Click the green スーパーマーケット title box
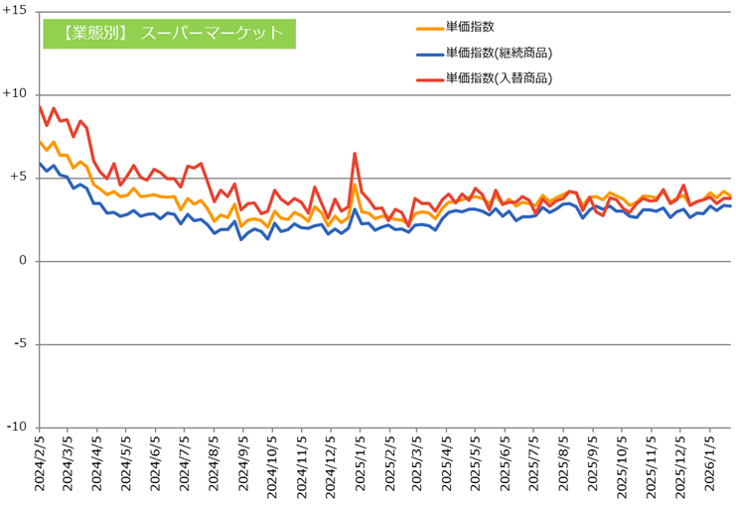(x=169, y=33)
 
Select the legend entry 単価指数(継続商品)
(x=499, y=53)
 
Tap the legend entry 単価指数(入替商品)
(x=499, y=77)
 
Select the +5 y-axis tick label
(x=18, y=178)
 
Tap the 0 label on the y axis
(x=23, y=261)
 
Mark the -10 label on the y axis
(x=17, y=427)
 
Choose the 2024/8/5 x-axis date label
(x=215, y=466)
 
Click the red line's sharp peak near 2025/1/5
(x=355, y=154)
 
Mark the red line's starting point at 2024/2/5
(x=40, y=106)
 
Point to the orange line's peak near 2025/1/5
(x=355, y=184)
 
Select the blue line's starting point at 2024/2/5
(x=40, y=164)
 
